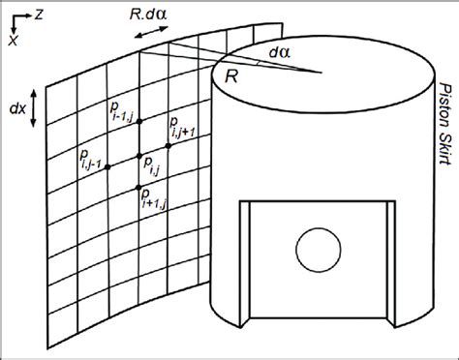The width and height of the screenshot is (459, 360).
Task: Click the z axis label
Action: (36, 13)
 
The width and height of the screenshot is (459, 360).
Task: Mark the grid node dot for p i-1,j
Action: (139, 121)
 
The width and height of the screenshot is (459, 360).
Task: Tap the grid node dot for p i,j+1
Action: (168, 145)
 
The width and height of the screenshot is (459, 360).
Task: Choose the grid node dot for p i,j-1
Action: (107, 166)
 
